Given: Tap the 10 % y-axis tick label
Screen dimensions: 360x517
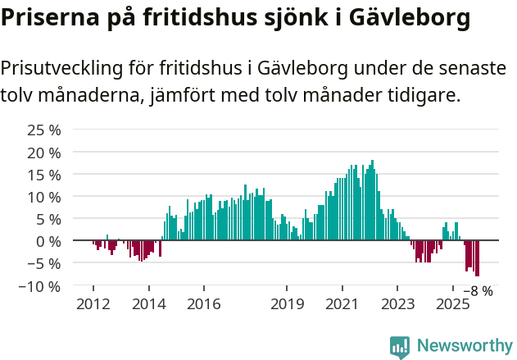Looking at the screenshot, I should pyautogui.click(x=44, y=197).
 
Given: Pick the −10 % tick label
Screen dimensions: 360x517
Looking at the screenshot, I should pyautogui.click(x=40, y=285).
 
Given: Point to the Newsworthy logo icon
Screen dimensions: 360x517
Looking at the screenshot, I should pyautogui.click(x=400, y=346).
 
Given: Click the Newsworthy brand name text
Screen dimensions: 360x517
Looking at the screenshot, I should pyautogui.click(x=464, y=346).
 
